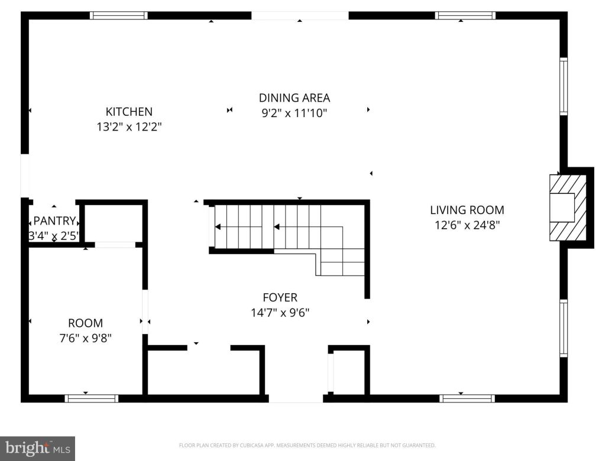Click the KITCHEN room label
(129, 111)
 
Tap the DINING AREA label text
(294, 98)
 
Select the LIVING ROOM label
(467, 209)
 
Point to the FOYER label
(280, 297)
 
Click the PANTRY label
(54, 221)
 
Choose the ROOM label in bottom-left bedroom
(85, 323)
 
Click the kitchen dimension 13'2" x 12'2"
(129, 126)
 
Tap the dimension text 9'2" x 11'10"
(294, 112)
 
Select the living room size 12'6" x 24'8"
(467, 225)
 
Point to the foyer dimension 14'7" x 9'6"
(280, 312)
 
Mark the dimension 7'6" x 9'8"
(85, 338)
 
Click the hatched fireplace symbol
(568, 207)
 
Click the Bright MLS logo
(37, 448)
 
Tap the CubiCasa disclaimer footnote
(307, 445)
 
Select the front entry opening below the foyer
(296, 398)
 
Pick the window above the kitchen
(118, 15)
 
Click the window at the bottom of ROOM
(92, 398)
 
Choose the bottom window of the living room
(467, 398)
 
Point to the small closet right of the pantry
(115, 223)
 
